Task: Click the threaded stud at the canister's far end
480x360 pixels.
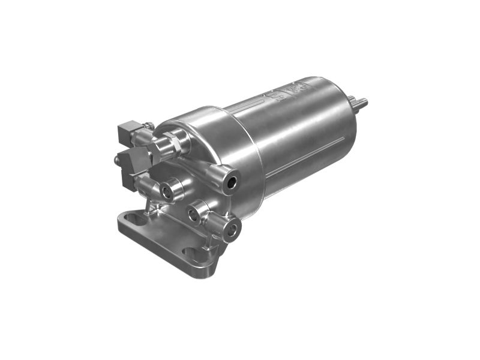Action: pos(362,103)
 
